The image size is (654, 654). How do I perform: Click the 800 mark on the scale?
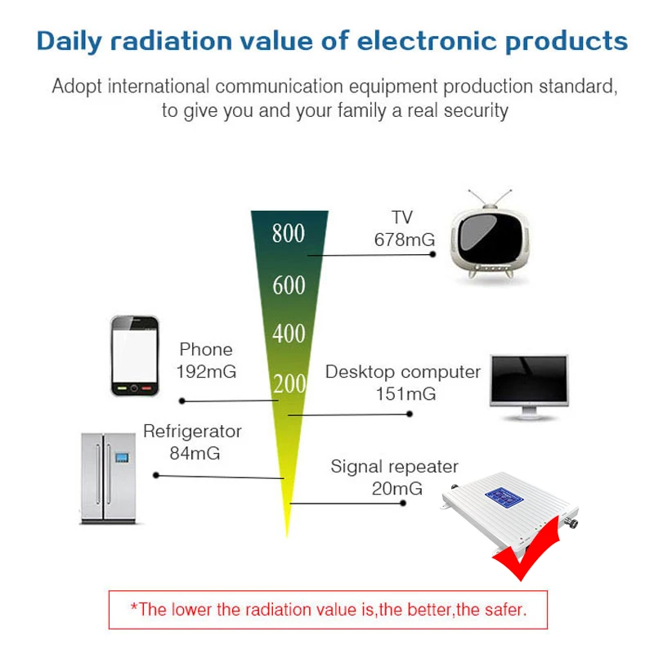tap(289, 234)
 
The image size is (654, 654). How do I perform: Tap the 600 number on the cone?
tap(289, 285)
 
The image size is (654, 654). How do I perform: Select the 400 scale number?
tap(289, 334)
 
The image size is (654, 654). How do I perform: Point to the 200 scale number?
tap(289, 383)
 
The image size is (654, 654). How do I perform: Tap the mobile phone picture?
tap(134, 355)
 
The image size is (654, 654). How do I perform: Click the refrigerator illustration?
tap(107, 478)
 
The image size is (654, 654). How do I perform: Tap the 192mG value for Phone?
tap(206, 371)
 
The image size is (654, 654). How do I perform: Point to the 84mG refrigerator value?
tap(195, 453)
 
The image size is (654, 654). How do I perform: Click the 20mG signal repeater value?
tap(395, 489)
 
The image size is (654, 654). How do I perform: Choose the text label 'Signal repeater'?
tap(395, 467)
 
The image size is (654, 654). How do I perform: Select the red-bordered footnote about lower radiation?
tap(327, 609)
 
